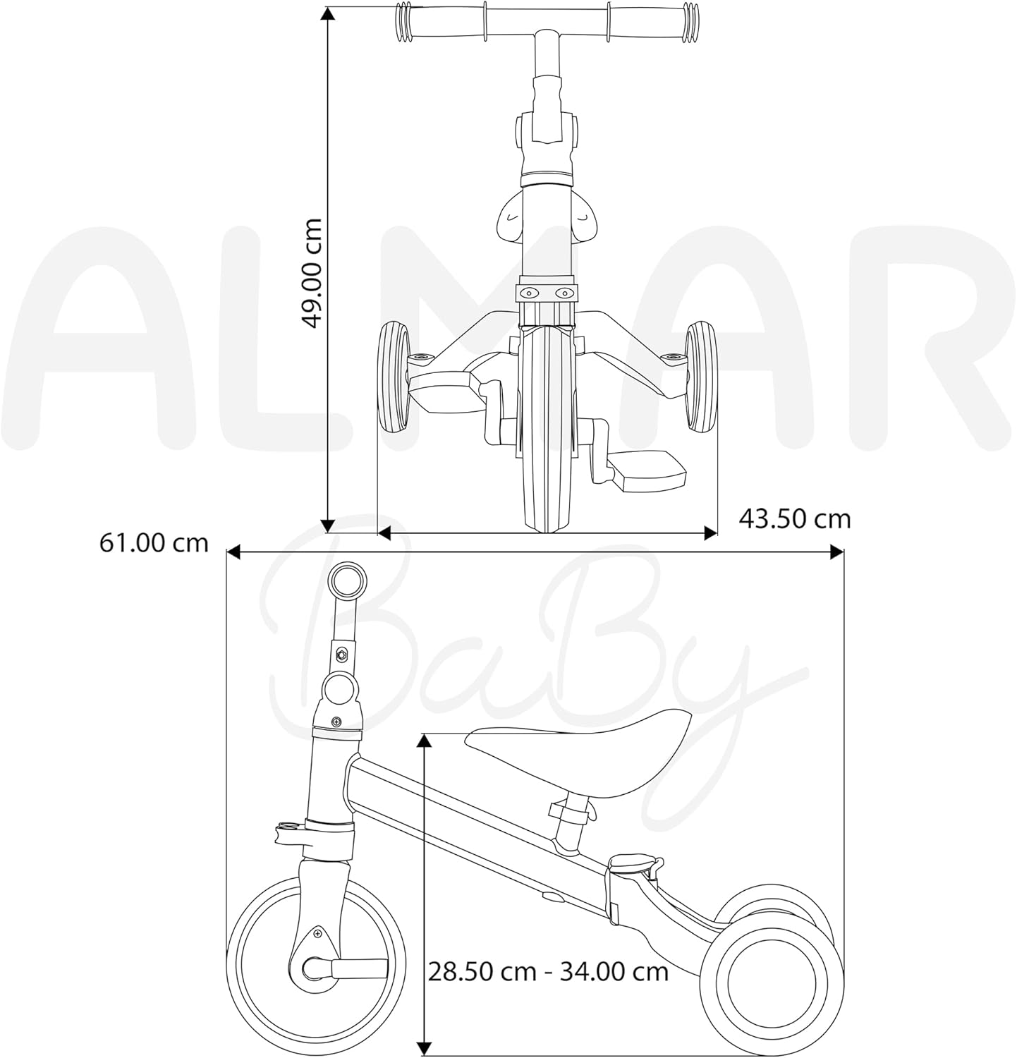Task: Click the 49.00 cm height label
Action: (x=311, y=273)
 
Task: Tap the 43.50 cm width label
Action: (x=795, y=518)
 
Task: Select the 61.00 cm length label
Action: (x=154, y=542)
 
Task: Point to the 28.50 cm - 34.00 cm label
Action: (x=548, y=971)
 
